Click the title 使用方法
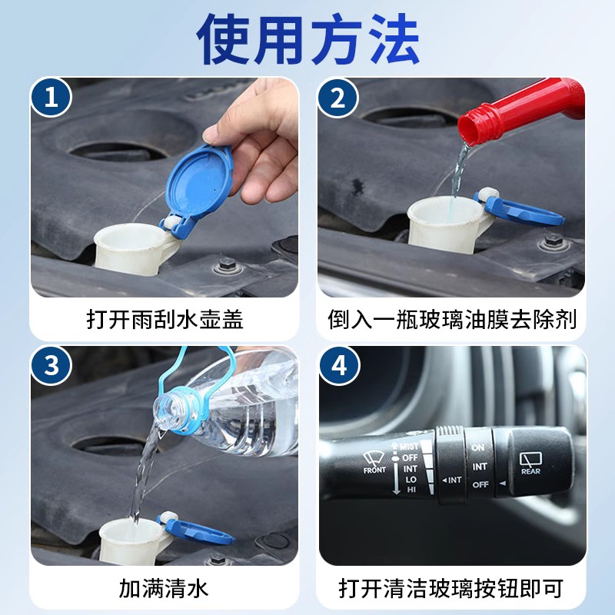tap(308, 39)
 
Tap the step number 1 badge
tap(52, 98)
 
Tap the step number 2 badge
tap(338, 98)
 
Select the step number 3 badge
tap(52, 366)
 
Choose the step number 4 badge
tap(339, 366)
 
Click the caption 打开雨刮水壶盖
tap(165, 319)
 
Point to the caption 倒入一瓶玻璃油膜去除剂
tap(452, 319)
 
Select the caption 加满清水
tap(163, 588)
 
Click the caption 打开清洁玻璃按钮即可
tap(451, 588)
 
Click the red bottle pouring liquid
tap(521, 111)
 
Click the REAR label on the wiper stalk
tap(530, 471)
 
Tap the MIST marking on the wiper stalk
tap(409, 447)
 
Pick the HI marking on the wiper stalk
tap(411, 490)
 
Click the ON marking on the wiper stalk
tap(477, 447)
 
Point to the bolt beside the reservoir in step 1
tap(228, 266)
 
